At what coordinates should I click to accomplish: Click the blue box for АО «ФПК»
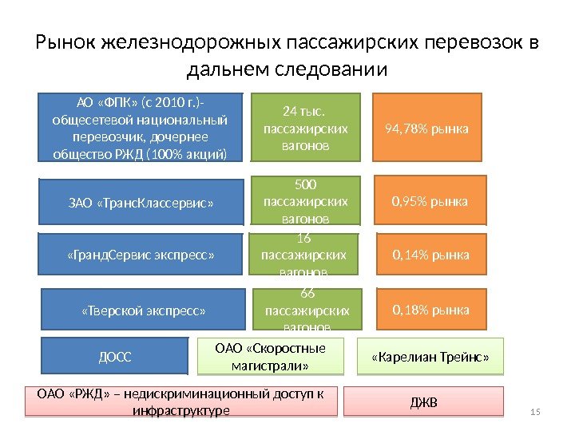140,127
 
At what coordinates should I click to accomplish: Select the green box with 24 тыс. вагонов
306,127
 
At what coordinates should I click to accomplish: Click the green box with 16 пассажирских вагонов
304,255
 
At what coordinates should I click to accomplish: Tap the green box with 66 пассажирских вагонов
307,309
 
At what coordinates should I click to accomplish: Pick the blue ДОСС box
115,356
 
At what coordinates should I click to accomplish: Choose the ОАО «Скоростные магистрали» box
271,356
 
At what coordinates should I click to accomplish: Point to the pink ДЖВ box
424,401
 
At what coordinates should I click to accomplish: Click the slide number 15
535,411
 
